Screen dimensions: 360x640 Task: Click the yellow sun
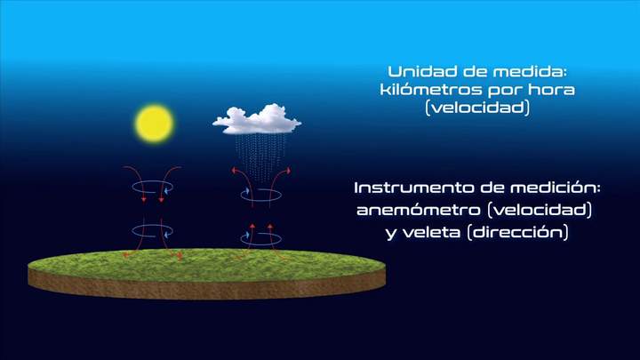click(x=153, y=124)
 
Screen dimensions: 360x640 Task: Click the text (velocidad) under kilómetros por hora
click(x=477, y=108)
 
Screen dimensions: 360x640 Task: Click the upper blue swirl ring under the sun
click(x=153, y=187)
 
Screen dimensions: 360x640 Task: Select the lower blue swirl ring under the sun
click(x=153, y=231)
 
